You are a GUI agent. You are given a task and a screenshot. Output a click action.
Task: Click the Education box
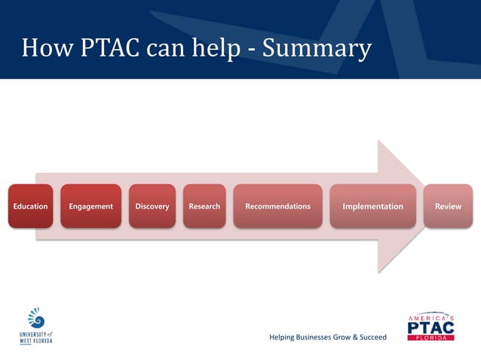pos(30,206)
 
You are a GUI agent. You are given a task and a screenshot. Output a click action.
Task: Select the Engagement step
pos(90,206)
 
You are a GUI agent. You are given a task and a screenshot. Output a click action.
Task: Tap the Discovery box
pos(152,206)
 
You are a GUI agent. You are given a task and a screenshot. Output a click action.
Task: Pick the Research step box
pos(204,206)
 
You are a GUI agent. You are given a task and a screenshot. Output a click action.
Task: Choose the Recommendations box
pos(277,206)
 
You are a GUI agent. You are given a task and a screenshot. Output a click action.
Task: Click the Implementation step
pos(372,206)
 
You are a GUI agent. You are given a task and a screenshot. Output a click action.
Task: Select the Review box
pos(448,206)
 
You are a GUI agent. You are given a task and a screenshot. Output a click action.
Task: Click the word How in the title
pos(44,48)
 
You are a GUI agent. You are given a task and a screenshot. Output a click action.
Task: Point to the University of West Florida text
pos(36,337)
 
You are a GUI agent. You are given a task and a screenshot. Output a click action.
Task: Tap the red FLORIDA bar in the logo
pos(430,338)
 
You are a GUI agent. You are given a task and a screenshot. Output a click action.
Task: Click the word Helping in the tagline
pos(283,337)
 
